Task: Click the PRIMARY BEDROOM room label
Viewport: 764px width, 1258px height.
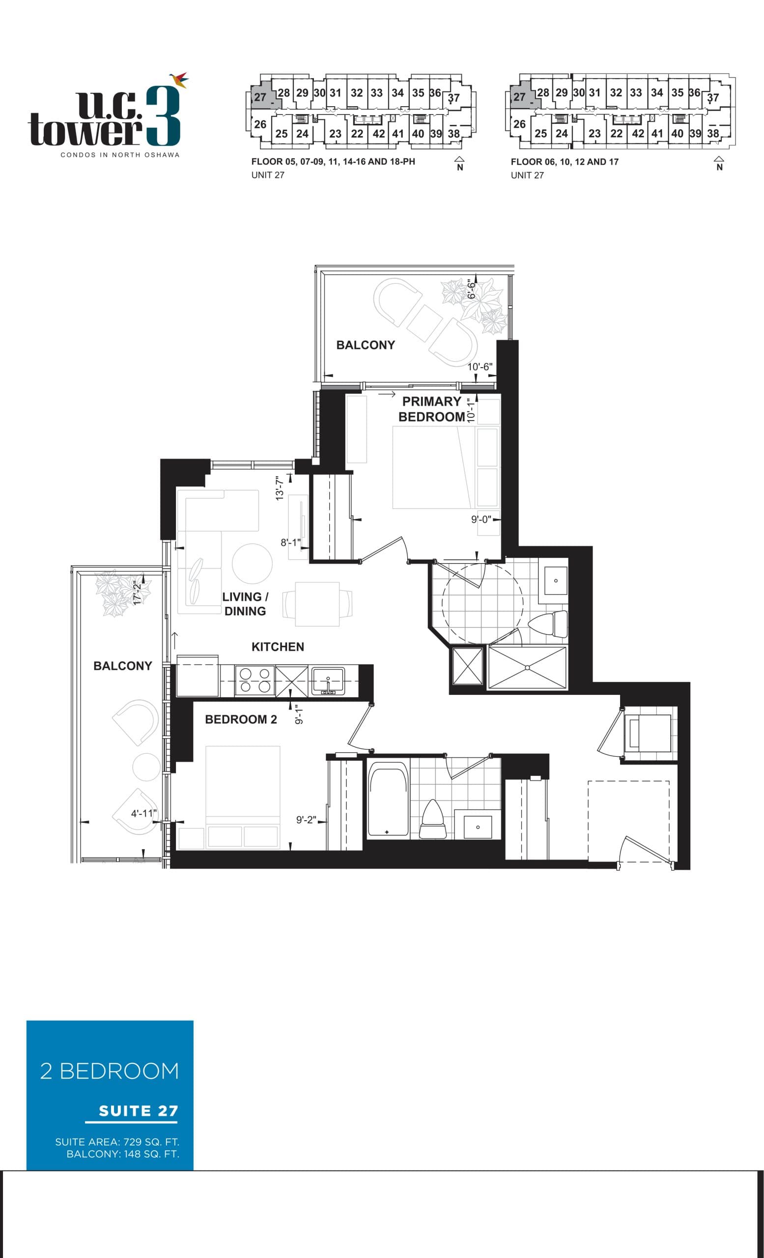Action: (x=432, y=409)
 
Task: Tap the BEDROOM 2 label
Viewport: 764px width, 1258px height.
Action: (x=241, y=719)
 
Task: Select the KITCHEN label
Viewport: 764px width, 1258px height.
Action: (x=278, y=647)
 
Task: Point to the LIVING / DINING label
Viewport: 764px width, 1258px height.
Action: (x=245, y=604)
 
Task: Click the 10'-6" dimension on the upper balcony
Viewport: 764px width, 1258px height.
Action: (x=480, y=367)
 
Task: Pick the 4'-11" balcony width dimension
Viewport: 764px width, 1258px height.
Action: (x=143, y=813)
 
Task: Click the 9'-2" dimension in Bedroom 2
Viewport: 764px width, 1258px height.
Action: (x=306, y=820)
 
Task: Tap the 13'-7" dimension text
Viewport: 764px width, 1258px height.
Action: (x=280, y=488)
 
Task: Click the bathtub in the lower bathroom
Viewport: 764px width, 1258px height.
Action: (x=388, y=799)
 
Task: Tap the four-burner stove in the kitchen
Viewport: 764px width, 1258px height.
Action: (x=255, y=681)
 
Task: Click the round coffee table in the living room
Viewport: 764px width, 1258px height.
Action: (x=252, y=563)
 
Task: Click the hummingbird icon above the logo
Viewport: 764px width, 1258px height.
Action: (x=179, y=80)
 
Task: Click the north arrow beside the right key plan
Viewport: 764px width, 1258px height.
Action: (x=719, y=163)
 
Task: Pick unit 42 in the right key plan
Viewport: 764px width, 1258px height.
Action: (x=637, y=133)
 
